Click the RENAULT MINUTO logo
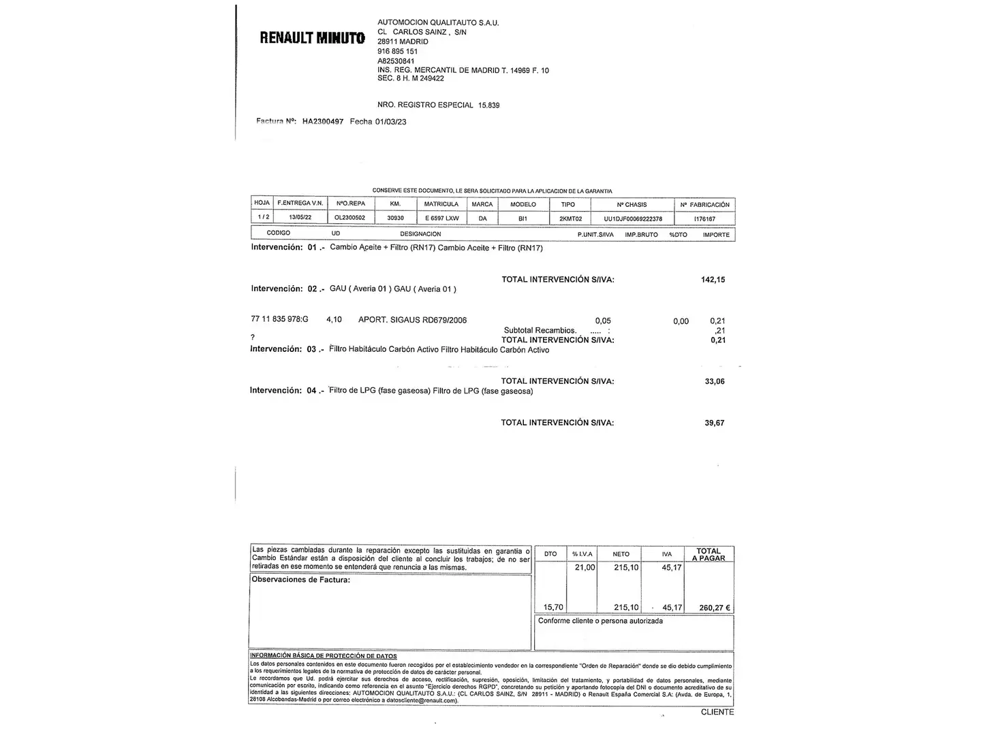[x=312, y=37]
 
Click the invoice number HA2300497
[x=323, y=122]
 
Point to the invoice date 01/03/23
[x=390, y=122]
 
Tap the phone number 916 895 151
[x=397, y=51]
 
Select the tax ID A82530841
[x=396, y=61]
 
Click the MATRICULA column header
[x=441, y=204]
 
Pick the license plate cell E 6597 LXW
[x=441, y=218]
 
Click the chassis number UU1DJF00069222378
[x=632, y=219]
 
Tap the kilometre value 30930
[x=395, y=218]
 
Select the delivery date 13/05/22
[x=300, y=218]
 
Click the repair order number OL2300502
[x=349, y=218]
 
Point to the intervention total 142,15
[x=713, y=280]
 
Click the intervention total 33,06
[x=714, y=382]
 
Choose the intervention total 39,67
[x=714, y=423]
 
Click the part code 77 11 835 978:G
[x=279, y=320]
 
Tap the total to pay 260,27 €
[x=714, y=608]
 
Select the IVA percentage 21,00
[x=585, y=568]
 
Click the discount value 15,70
[x=552, y=608]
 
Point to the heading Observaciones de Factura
[x=300, y=580]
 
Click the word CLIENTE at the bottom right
[x=717, y=712]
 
